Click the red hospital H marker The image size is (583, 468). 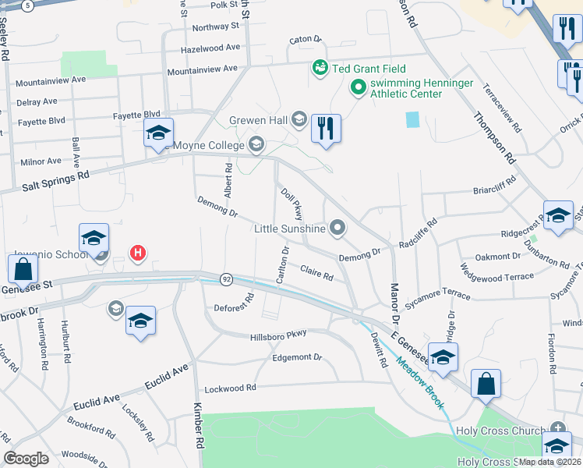pyautogui.click(x=138, y=253)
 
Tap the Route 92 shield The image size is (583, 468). pyautogui.click(x=226, y=278)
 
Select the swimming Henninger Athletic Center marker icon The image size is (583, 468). pyautogui.click(x=359, y=87)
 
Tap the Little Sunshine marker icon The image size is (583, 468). pyautogui.click(x=337, y=228)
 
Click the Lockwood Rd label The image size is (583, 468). pyautogui.click(x=230, y=388)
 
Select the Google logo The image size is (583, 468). pyautogui.click(x=26, y=458)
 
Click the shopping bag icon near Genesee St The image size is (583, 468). pyautogui.click(x=23, y=270)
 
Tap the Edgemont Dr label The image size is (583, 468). pyautogui.click(x=297, y=357)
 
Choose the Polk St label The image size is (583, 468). pyautogui.click(x=223, y=5)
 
